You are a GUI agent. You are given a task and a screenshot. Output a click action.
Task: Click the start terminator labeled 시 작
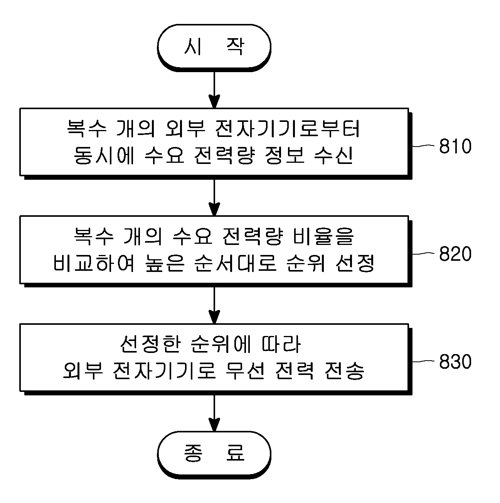pyautogui.click(x=214, y=47)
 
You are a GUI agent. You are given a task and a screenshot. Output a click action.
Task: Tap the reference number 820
pyautogui.click(x=455, y=254)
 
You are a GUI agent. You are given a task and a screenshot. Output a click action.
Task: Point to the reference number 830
pyautogui.click(x=455, y=361)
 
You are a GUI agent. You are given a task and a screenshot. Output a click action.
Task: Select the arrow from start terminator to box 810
pyautogui.click(x=214, y=90)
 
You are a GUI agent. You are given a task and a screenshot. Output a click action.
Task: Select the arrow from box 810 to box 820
pyautogui.click(x=214, y=197)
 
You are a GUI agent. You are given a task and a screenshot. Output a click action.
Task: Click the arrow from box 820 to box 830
pyautogui.click(x=214, y=306)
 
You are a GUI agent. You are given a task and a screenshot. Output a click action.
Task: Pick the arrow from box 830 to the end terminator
pyautogui.click(x=214, y=413)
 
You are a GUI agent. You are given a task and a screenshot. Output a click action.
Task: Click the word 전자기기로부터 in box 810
pyautogui.click(x=288, y=129)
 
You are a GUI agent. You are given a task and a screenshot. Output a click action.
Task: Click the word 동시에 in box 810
pyautogui.click(x=104, y=155)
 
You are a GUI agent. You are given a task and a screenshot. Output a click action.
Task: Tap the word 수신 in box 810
pyautogui.click(x=333, y=155)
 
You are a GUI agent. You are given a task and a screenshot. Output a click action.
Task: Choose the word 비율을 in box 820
pyautogui.click(x=323, y=236)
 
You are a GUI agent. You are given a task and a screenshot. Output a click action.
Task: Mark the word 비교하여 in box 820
pyautogui.click(x=94, y=263)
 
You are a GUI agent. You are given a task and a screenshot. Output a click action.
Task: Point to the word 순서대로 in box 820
pyautogui.click(x=236, y=263)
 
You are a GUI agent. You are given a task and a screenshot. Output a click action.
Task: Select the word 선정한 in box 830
pyautogui.click(x=151, y=344)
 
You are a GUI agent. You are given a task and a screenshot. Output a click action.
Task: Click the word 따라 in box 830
pyautogui.click(x=281, y=344)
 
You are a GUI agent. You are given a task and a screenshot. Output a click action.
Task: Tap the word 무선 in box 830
pyautogui.click(x=245, y=371)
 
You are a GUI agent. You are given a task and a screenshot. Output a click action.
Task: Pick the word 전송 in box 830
pyautogui.click(x=345, y=371)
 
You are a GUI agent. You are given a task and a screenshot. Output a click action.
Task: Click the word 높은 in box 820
pyautogui.click(x=165, y=263)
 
